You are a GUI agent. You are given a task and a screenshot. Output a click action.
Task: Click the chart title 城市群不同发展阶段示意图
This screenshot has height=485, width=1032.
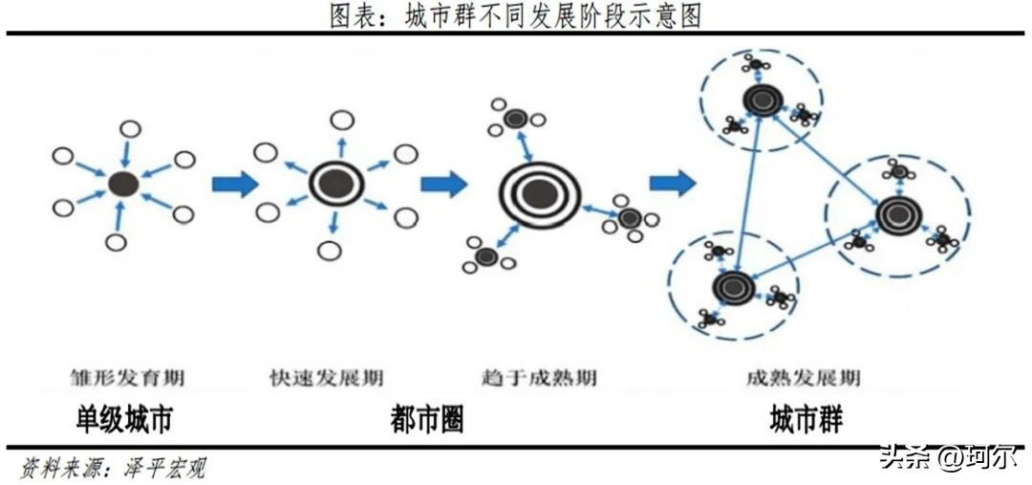(516, 16)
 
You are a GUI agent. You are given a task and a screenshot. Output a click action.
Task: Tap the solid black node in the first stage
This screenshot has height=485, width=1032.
(123, 184)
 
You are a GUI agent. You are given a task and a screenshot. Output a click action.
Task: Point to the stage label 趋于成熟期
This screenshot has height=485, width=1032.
(541, 377)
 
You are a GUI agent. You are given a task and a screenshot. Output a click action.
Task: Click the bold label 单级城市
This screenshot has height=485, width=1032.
(125, 419)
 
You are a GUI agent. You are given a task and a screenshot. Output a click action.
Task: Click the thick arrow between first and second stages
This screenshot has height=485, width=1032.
(235, 183)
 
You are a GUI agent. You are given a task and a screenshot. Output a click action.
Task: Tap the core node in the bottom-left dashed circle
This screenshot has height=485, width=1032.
(733, 286)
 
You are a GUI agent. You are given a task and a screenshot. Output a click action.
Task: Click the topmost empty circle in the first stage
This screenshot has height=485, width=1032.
(131, 128)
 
